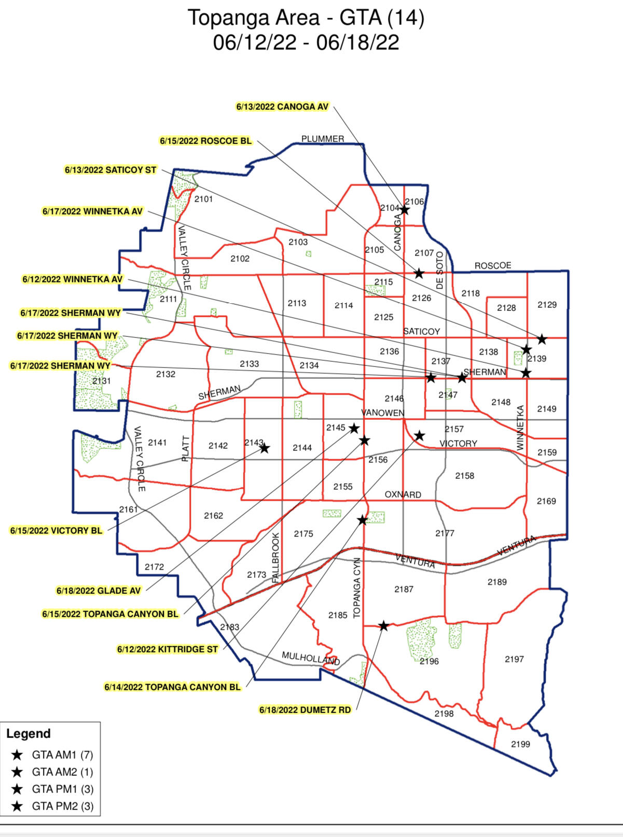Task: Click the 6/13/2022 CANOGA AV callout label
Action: point(282,107)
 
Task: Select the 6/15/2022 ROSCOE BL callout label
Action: point(205,141)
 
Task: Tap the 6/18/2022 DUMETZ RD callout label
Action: point(305,710)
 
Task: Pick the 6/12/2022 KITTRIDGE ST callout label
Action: point(168,649)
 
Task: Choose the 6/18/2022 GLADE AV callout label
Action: point(99,591)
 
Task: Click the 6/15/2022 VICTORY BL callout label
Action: point(57,531)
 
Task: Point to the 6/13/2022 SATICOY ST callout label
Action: point(110,170)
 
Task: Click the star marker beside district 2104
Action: point(405,210)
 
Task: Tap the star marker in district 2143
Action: point(265,448)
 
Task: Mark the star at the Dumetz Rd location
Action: point(383,626)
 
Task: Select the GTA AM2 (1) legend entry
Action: point(62,772)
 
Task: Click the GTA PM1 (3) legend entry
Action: point(62,789)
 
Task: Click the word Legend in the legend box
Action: point(29,734)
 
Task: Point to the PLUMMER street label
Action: point(323,139)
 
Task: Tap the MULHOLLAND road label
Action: point(311,658)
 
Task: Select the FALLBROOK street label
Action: point(276,557)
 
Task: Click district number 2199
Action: point(520,744)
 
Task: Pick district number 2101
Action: point(203,199)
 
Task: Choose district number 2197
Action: point(514,659)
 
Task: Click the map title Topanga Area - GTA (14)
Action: point(306,18)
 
